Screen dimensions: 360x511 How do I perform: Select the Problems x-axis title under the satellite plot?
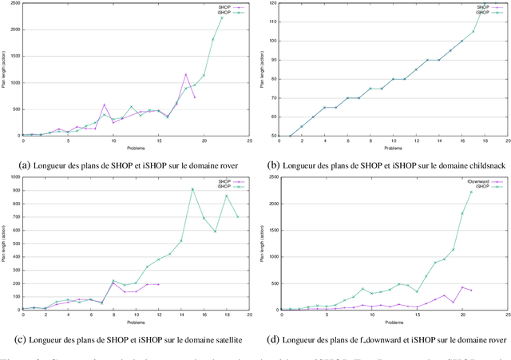point(136,322)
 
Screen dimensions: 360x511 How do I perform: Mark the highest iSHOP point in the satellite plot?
point(192,189)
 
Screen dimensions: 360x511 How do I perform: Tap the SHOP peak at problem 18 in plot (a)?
point(185,74)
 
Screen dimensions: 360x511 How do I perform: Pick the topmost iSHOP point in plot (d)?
point(471,192)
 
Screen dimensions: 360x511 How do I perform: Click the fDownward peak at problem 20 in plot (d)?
point(462,287)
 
